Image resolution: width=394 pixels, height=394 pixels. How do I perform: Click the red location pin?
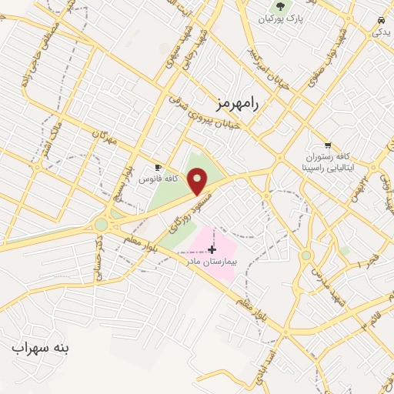tap(198, 181)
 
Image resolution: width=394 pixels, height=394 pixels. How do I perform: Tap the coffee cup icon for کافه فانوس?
tap(159, 167)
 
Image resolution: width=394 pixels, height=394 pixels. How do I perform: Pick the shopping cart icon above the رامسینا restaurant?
tap(329, 145)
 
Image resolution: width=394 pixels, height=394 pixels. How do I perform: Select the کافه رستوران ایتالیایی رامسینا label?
tap(329, 162)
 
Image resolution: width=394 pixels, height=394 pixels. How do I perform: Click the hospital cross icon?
tap(212, 249)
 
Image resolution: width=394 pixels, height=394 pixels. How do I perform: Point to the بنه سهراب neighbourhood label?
tap(40, 348)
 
